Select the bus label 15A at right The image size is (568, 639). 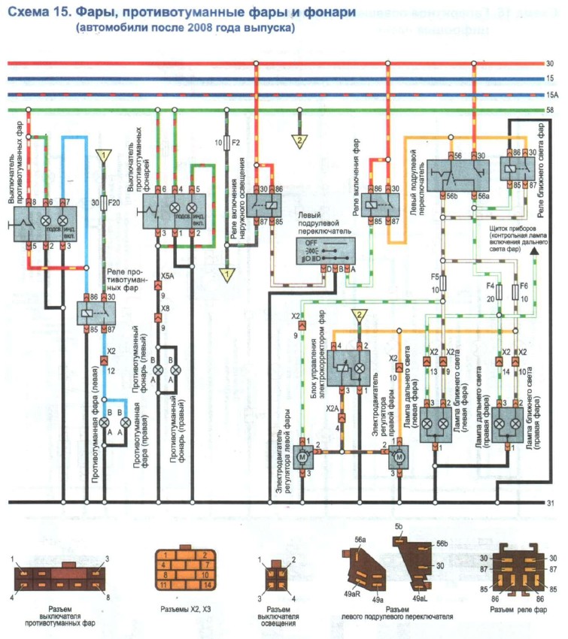[x=551, y=95]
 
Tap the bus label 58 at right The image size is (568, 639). [x=551, y=111]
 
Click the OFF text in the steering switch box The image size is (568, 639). [x=311, y=243]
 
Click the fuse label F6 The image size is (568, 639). [x=524, y=286]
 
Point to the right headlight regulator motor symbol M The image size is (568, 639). [x=399, y=456]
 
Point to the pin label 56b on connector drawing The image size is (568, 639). [x=442, y=544]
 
